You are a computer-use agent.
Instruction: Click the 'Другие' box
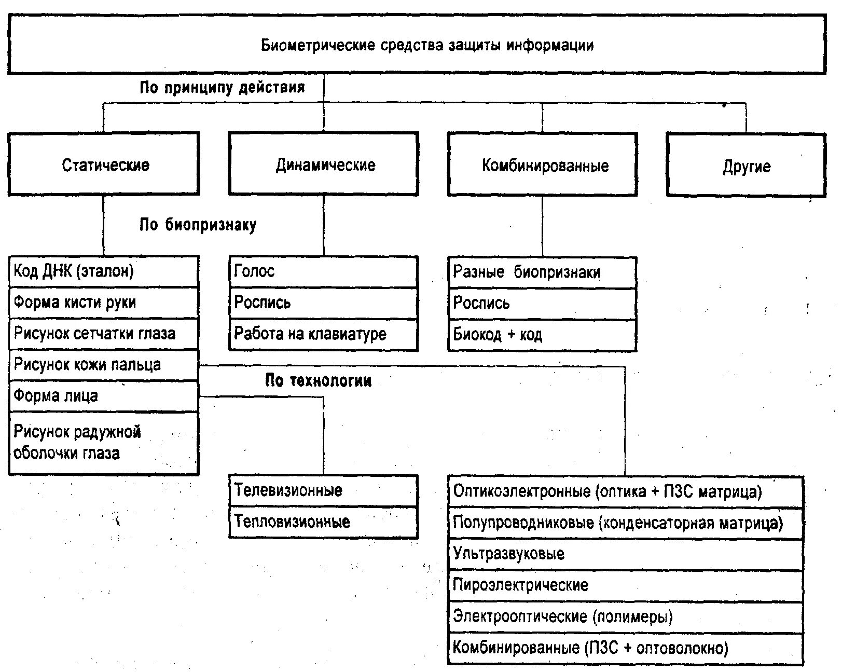click(x=746, y=166)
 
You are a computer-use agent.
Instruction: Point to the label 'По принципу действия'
click(x=222, y=87)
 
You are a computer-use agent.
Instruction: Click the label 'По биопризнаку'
click(x=198, y=225)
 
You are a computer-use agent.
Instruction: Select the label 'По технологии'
click(x=318, y=381)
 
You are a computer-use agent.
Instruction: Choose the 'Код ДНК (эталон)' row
click(x=104, y=271)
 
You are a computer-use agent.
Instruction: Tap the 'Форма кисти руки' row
click(x=104, y=302)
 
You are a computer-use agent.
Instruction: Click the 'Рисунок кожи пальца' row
click(x=104, y=364)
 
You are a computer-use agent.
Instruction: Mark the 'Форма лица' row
click(x=104, y=396)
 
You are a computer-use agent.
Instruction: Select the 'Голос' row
click(x=324, y=271)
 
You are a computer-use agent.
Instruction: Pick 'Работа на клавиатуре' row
click(x=324, y=334)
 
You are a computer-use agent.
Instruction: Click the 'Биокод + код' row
click(x=543, y=334)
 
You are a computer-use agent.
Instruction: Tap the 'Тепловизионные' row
click(x=324, y=522)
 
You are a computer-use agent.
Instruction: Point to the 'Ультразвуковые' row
click(x=626, y=554)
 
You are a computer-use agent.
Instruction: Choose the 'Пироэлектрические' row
click(x=626, y=585)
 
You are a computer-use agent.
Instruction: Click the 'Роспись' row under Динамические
click(x=324, y=303)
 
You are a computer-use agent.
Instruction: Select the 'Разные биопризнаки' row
click(x=543, y=272)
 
